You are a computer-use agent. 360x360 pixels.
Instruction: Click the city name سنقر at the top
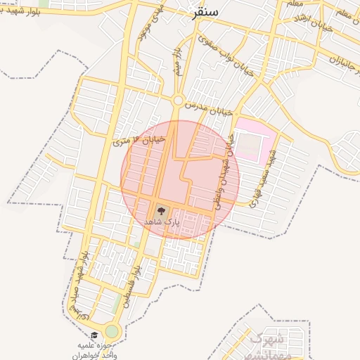(x=205, y=13)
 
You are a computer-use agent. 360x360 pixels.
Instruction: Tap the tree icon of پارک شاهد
(x=160, y=210)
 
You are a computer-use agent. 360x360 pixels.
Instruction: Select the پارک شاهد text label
(x=162, y=221)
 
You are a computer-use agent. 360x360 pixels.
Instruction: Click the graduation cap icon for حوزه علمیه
(x=94, y=335)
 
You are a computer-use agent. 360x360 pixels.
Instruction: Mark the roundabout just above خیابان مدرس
(x=177, y=101)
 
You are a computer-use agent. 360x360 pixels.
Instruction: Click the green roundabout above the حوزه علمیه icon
(x=112, y=331)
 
